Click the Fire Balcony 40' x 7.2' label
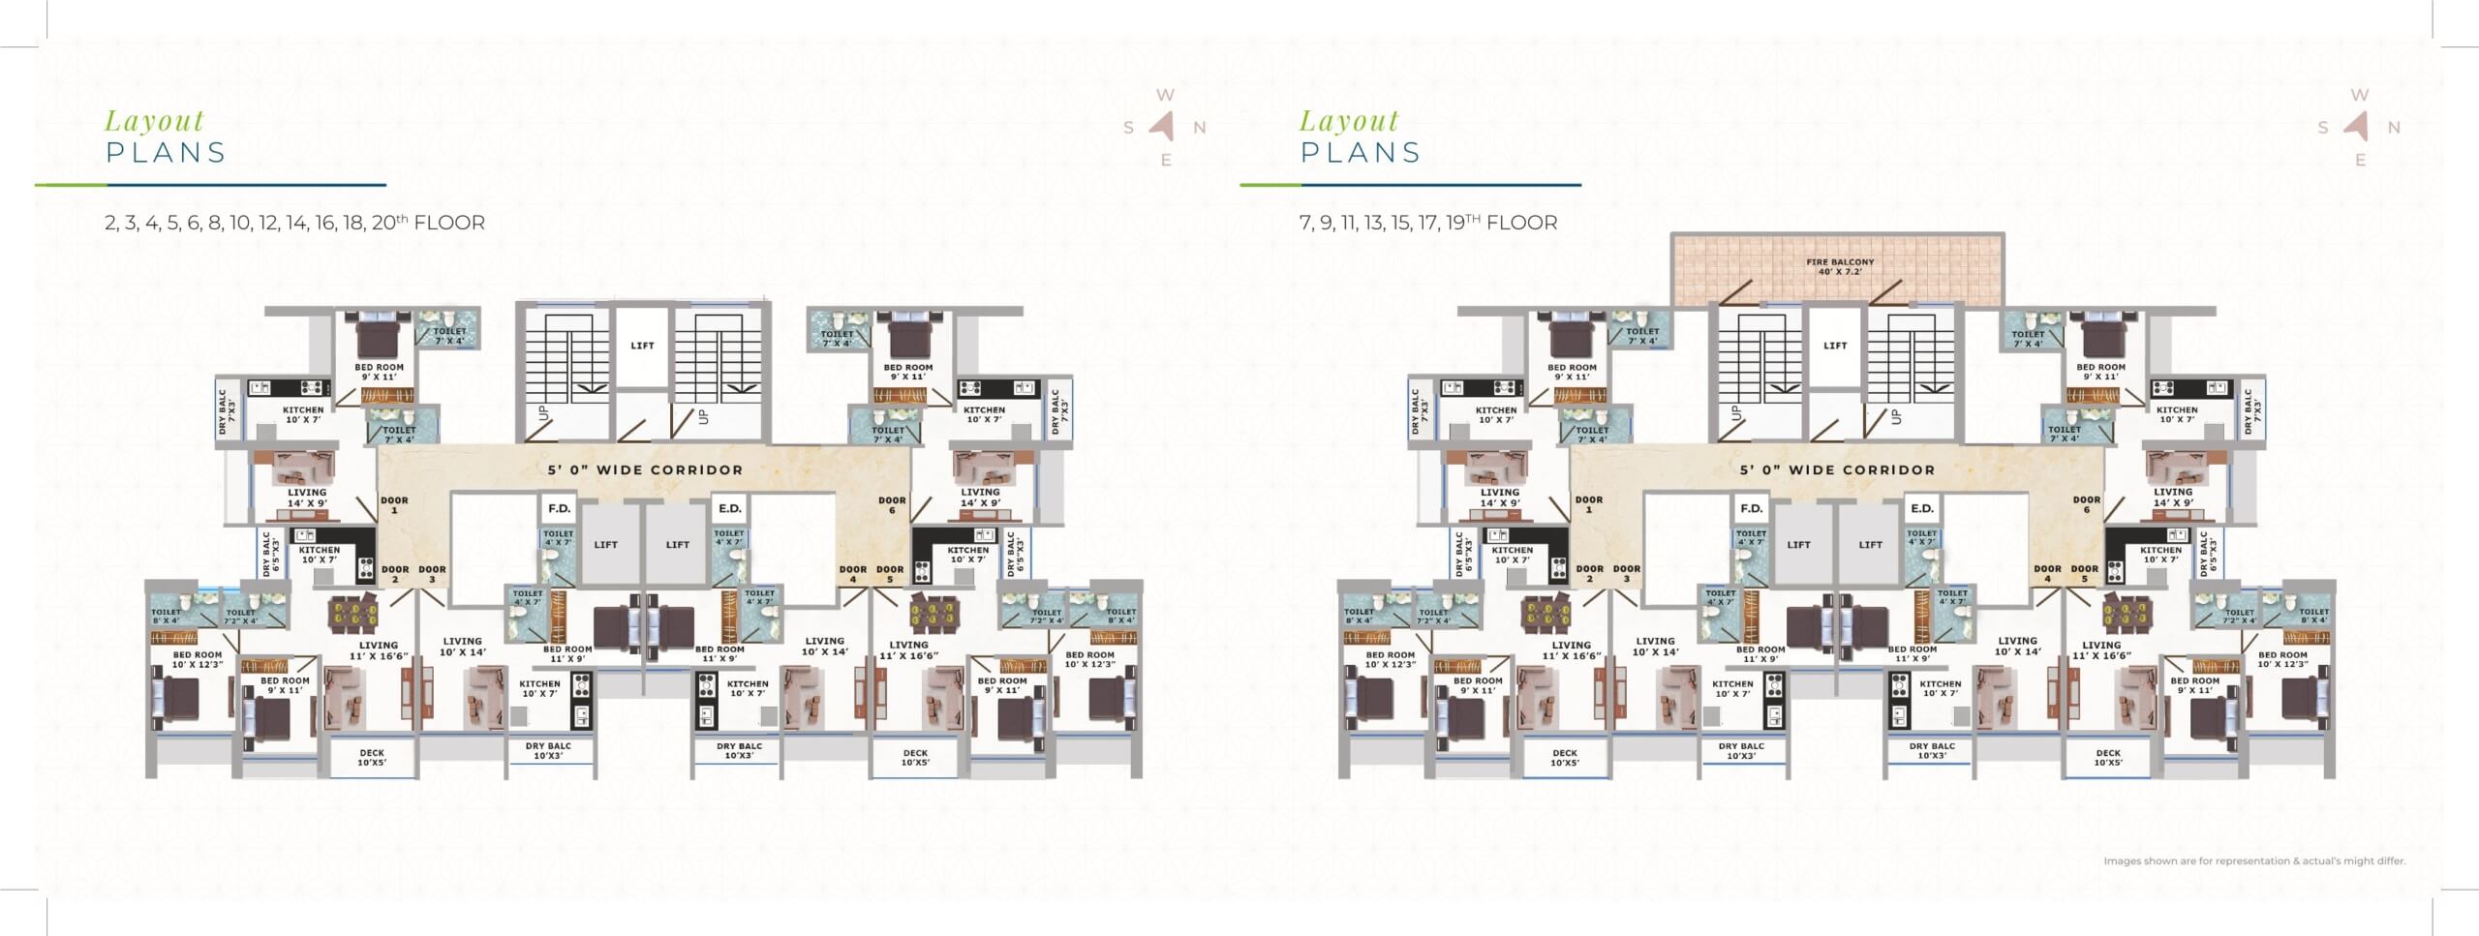point(1840,267)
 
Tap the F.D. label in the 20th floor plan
point(559,508)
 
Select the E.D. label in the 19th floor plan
point(1922,508)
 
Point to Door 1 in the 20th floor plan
point(394,504)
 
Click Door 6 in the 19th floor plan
point(2087,504)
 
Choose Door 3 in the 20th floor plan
point(432,574)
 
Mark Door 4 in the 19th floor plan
point(2047,574)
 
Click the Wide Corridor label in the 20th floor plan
point(645,470)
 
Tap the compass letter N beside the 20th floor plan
point(1199,128)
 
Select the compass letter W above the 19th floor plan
point(2360,95)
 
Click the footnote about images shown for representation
point(2254,861)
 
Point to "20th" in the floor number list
point(384,223)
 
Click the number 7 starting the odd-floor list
point(1304,224)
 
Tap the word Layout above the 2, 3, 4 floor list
point(155,121)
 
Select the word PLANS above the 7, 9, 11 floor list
point(1361,153)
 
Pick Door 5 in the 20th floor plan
point(890,574)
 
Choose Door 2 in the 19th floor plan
point(1589,574)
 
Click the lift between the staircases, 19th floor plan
point(1835,346)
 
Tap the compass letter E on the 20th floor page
point(1166,161)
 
